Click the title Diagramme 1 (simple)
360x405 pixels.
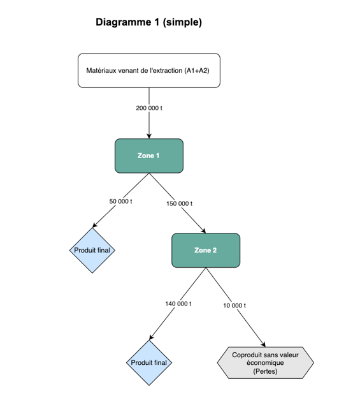point(148,22)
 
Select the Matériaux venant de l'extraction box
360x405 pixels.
point(149,71)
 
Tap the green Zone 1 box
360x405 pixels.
point(149,156)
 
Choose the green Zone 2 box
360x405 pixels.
point(206,250)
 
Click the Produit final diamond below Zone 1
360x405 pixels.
point(92,250)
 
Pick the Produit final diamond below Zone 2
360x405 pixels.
point(149,363)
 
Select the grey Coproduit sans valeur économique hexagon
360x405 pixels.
point(265,363)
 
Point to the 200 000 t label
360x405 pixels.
point(149,108)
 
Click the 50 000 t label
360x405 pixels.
point(121,201)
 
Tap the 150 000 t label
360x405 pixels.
point(179,203)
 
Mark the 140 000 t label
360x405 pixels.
point(178,304)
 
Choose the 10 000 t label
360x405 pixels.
point(234,306)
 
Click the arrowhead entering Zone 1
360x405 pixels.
point(149,136)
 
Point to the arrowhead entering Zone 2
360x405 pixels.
point(203,231)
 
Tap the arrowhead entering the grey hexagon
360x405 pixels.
point(263,344)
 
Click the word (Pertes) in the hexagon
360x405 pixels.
point(265,371)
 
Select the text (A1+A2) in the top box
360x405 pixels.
point(197,71)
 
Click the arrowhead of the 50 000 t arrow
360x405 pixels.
point(95,225)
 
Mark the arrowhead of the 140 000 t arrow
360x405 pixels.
point(152,337)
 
